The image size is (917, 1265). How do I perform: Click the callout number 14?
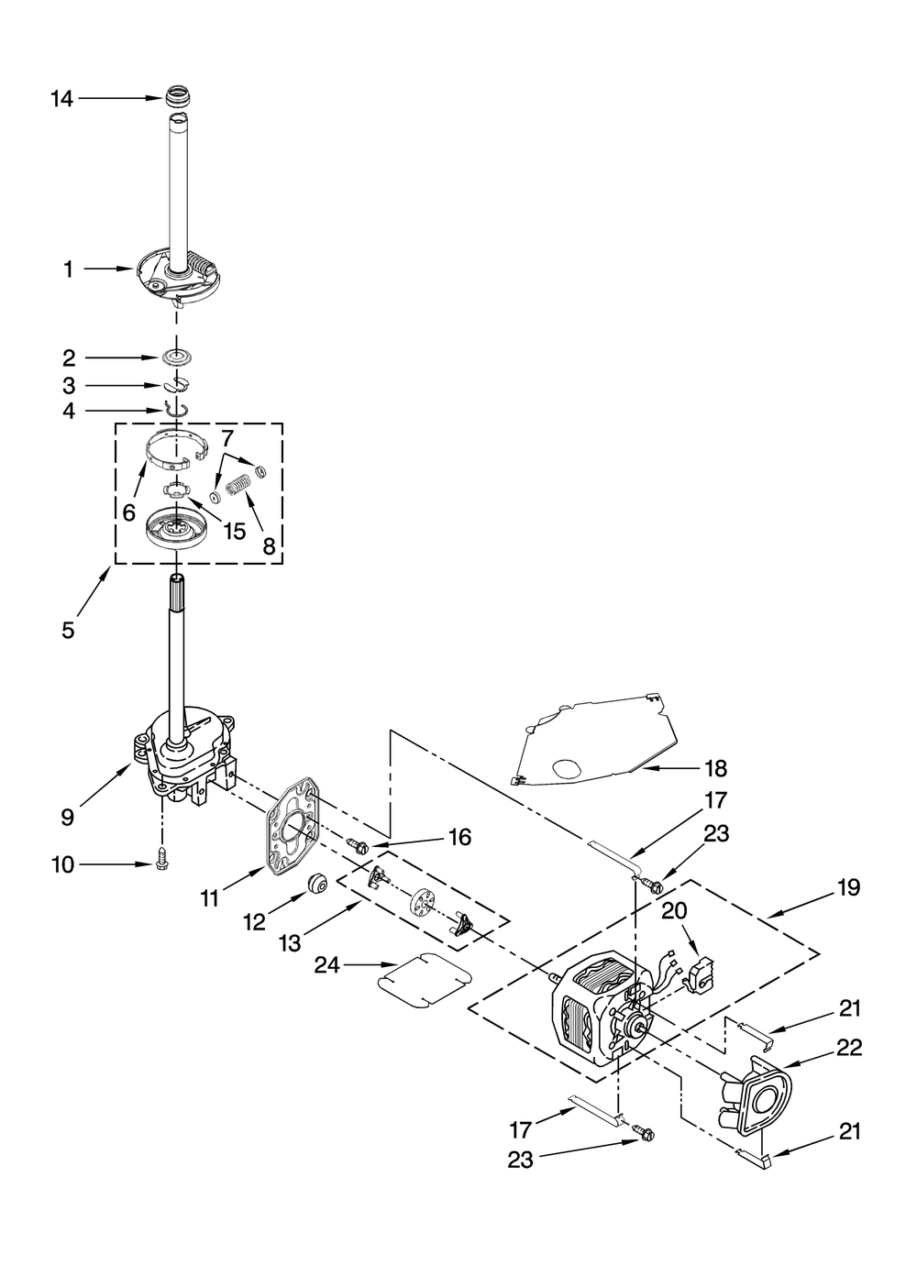[x=61, y=98]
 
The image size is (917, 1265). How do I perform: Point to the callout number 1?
[x=68, y=269]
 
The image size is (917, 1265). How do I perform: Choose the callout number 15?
[x=235, y=531]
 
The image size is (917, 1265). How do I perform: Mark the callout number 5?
[x=68, y=630]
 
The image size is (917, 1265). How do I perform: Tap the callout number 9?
[x=68, y=816]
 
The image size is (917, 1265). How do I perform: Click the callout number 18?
[x=715, y=768]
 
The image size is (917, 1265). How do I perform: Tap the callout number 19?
[x=848, y=886]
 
